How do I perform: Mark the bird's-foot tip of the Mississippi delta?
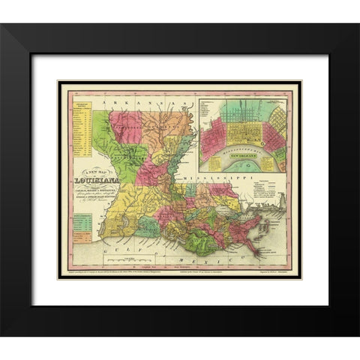(x=259, y=251)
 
